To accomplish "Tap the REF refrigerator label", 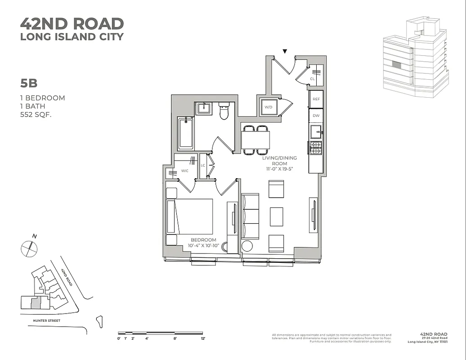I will (x=316, y=99).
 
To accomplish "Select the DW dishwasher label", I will (x=316, y=116).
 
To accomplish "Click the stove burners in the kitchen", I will (x=316, y=148).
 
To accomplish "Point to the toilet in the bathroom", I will (x=224, y=111).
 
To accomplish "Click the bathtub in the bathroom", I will (x=185, y=133).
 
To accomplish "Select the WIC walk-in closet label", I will (x=185, y=171).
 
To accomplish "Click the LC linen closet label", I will (x=203, y=166).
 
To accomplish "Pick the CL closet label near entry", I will (x=312, y=79).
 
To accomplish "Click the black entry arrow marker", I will (x=285, y=51).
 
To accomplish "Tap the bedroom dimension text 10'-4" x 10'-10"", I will (x=203, y=246).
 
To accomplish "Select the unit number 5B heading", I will (x=28, y=83).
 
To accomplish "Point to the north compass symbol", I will (x=29, y=248).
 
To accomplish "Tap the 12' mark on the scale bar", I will (x=203, y=338).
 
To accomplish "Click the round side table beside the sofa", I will (x=247, y=246).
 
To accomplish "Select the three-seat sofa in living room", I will (x=250, y=216).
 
